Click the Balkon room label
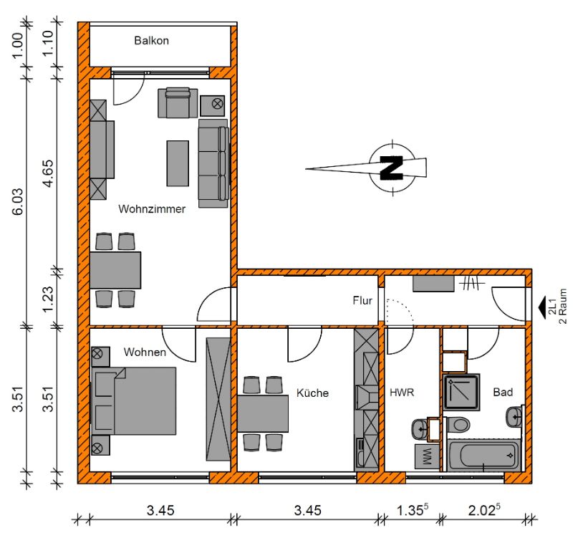[151, 40]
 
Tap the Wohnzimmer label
[152, 208]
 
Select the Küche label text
[312, 393]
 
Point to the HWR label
[402, 393]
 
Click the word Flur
[362, 300]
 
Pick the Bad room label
[503, 392]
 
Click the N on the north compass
[391, 168]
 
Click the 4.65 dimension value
[49, 173]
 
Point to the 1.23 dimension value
[49, 299]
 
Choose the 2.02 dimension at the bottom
[484, 510]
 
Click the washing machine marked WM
[427, 456]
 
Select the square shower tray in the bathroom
[461, 392]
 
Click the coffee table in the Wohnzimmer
[178, 163]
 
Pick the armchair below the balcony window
[178, 102]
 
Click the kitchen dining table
[263, 413]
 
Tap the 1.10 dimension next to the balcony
[49, 43]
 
